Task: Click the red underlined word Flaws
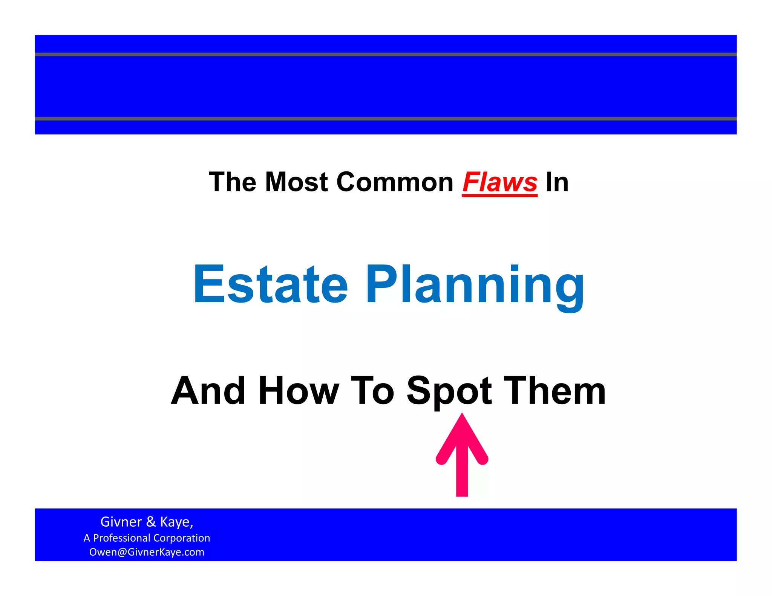(x=499, y=182)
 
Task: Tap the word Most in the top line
(x=296, y=182)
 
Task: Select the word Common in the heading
(x=395, y=182)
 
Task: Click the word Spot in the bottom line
(x=449, y=392)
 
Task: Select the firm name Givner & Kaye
(x=147, y=522)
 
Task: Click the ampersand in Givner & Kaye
(x=151, y=522)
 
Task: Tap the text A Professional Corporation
(x=147, y=538)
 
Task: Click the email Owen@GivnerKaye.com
(x=147, y=552)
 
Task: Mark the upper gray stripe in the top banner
(x=386, y=54)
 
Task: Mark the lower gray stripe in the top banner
(x=386, y=119)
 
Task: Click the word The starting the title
(x=233, y=182)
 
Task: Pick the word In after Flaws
(x=557, y=182)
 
